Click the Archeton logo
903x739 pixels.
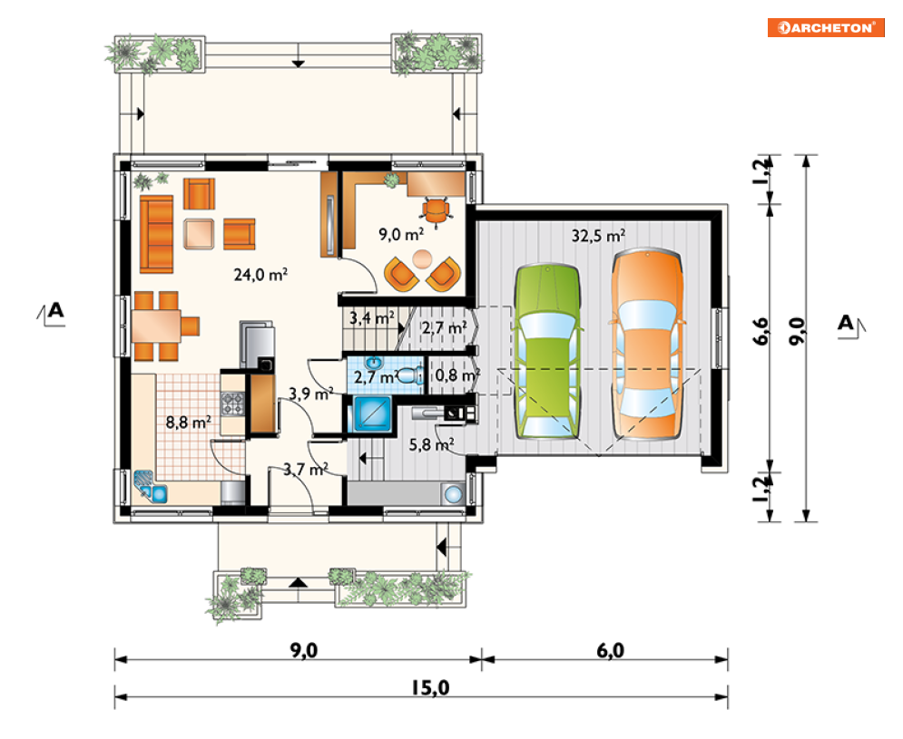tap(825, 27)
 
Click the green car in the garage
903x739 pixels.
tap(547, 352)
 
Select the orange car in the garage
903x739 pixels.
tap(647, 345)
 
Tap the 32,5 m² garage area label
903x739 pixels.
tap(598, 236)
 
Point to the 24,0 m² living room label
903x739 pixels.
tap(260, 275)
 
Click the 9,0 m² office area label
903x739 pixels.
tap(401, 234)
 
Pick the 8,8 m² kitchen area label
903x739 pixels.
tap(189, 423)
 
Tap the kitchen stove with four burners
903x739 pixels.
tap(232, 403)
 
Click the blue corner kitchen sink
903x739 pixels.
tap(150, 486)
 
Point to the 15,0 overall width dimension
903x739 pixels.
tap(430, 688)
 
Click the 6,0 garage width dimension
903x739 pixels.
tap(611, 650)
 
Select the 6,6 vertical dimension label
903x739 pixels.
tap(761, 331)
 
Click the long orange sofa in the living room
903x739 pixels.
tap(156, 234)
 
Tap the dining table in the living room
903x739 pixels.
tap(156, 326)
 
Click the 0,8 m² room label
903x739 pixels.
tap(457, 375)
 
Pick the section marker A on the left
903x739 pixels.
tap(52, 313)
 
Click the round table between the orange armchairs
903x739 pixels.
tap(423, 258)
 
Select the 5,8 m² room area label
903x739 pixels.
tap(431, 443)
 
